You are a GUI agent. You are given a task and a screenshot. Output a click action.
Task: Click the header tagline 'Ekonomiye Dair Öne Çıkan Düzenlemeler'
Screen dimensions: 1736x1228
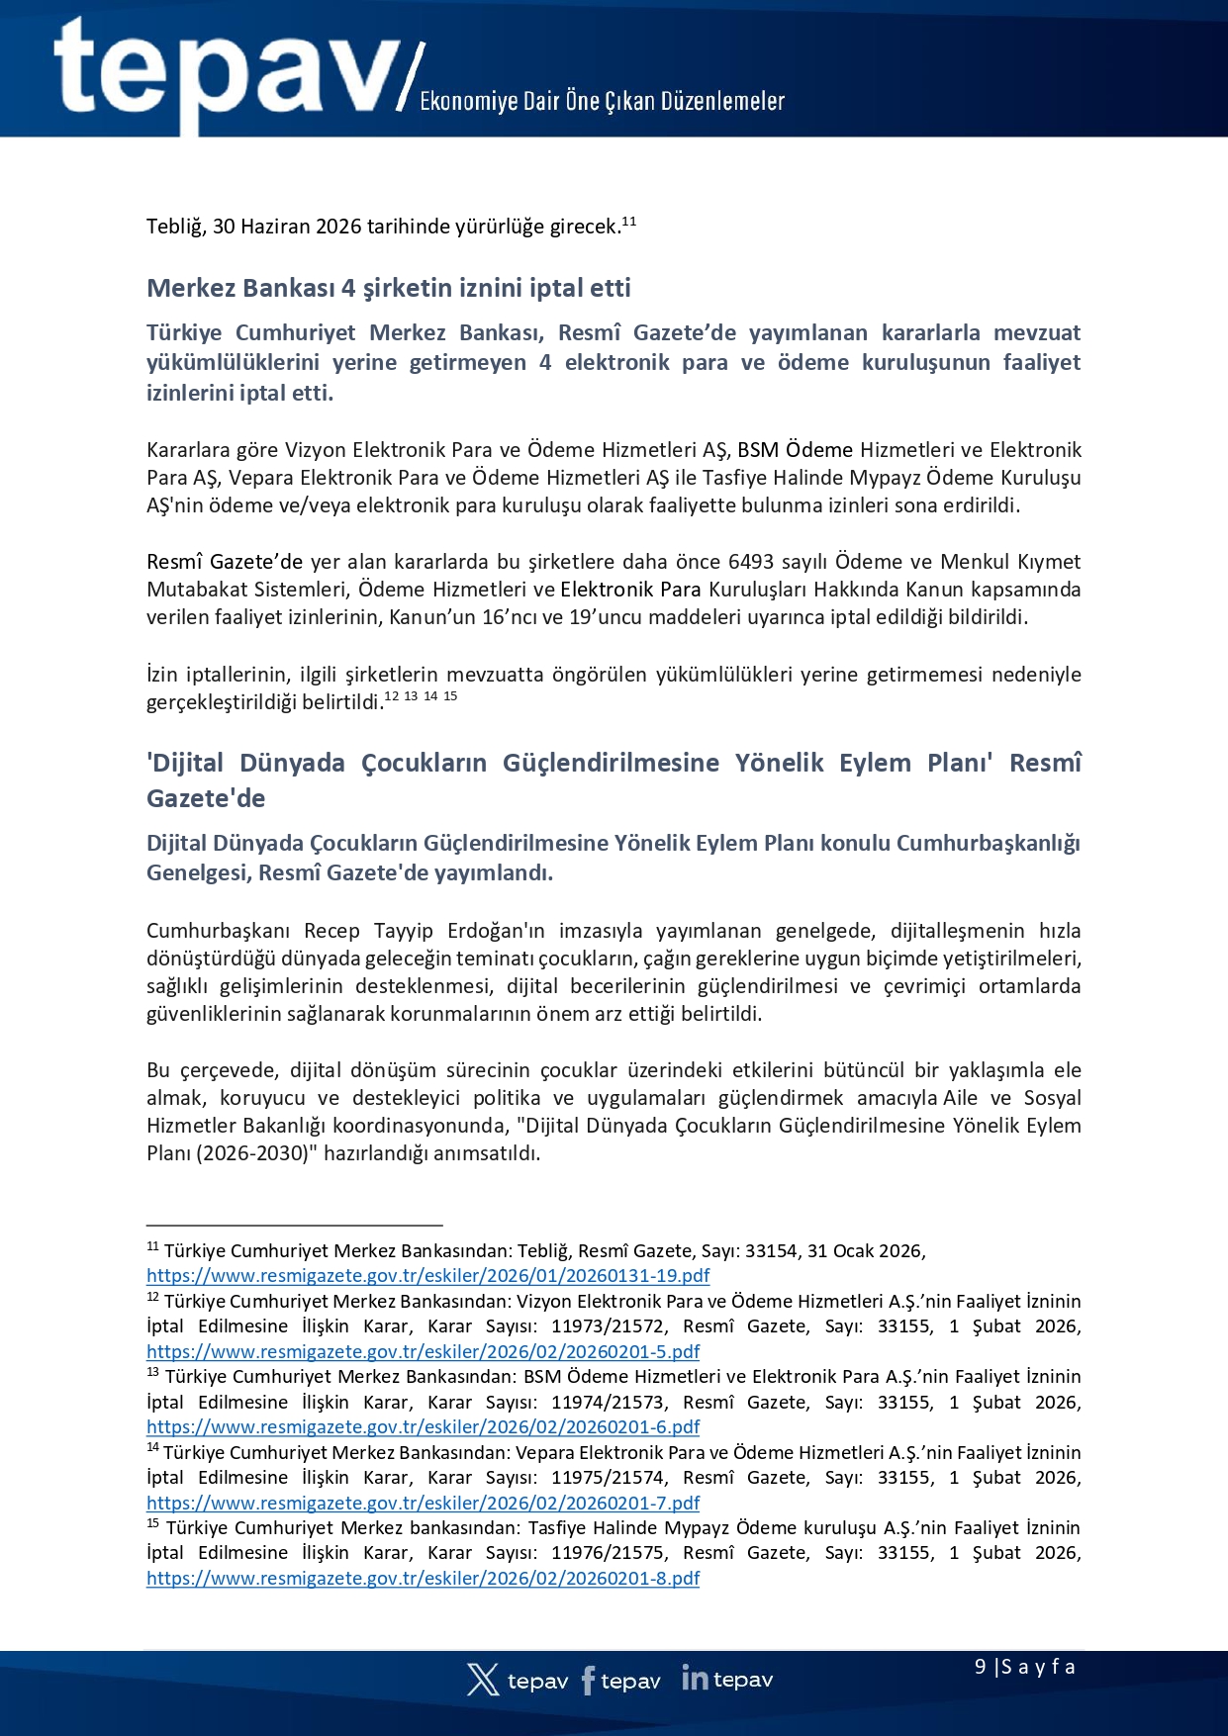click(602, 101)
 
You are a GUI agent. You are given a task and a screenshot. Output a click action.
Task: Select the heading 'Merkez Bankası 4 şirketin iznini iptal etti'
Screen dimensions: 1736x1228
click(388, 288)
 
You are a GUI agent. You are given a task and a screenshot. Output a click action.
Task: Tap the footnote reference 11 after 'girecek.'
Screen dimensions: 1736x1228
click(628, 221)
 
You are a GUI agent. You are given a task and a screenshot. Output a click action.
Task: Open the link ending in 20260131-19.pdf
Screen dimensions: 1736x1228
click(427, 1276)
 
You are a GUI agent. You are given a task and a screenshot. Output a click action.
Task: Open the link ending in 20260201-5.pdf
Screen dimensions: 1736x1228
click(423, 1351)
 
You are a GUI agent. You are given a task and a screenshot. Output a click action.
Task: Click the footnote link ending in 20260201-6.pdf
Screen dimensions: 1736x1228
click(423, 1426)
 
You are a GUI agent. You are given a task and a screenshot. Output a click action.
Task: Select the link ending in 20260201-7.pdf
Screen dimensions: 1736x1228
click(423, 1503)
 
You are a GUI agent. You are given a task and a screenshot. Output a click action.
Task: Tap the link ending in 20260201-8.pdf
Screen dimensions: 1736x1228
click(423, 1578)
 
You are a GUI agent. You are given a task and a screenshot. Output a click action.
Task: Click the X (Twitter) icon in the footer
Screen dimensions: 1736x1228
click(483, 1680)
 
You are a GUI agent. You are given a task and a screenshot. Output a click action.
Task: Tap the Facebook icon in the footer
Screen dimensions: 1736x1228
click(588, 1680)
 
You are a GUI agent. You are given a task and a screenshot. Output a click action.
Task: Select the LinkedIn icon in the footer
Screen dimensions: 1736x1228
click(695, 1678)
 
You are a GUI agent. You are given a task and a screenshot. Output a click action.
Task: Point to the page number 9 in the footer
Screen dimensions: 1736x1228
click(980, 1667)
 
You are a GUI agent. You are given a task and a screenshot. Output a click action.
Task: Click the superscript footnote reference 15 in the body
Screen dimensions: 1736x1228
click(450, 696)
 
